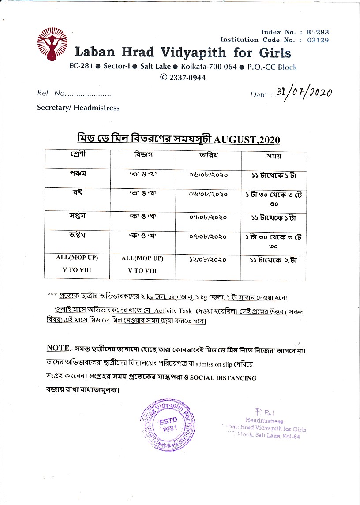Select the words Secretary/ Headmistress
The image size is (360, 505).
(78, 108)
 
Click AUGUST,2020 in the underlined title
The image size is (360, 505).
(247, 140)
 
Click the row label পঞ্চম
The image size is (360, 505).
(77, 173)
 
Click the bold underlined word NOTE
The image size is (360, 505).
(57, 348)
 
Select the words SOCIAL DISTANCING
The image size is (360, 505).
(223, 378)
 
